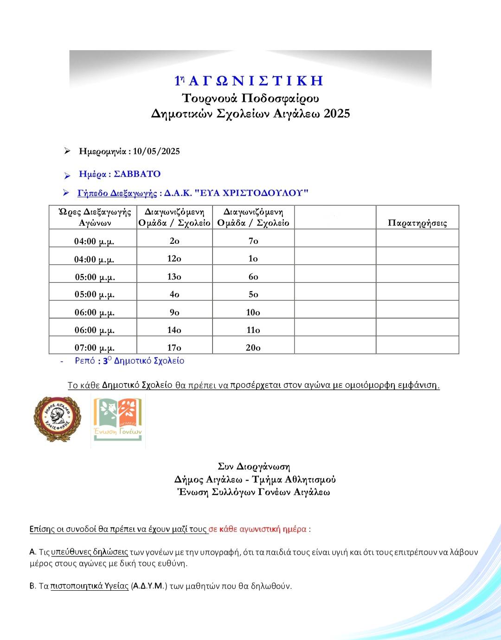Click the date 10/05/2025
click(156, 151)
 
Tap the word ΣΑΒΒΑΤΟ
click(137, 174)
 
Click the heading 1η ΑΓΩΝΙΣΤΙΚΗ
click(249, 81)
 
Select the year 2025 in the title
click(337, 114)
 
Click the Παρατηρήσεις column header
click(417, 223)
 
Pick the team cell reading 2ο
click(174, 241)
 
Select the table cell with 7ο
click(253, 241)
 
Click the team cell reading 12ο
click(174, 259)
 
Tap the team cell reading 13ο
click(174, 277)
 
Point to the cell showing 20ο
click(253, 347)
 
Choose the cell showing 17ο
click(174, 347)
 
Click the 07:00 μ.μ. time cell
click(95, 348)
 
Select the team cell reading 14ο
click(174, 330)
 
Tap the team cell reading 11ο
click(253, 330)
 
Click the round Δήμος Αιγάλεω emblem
click(57, 419)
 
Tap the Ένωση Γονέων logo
click(118, 420)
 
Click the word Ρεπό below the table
click(85, 361)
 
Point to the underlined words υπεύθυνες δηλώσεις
click(90, 552)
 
